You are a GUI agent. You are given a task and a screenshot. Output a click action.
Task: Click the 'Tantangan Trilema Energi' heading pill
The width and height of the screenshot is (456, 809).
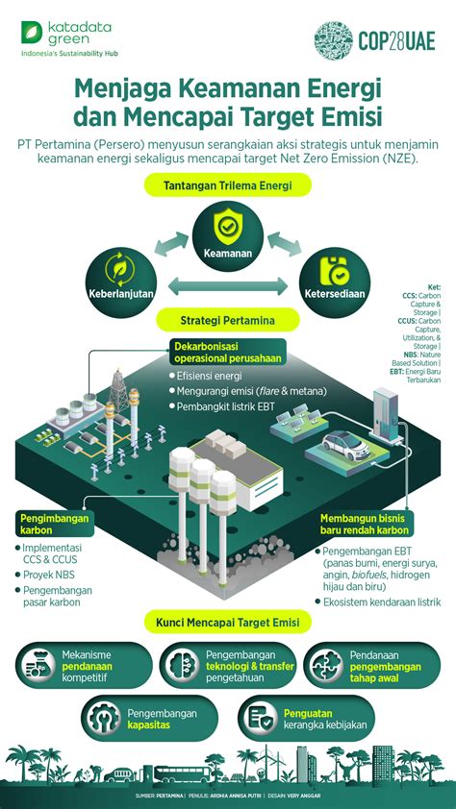(227, 184)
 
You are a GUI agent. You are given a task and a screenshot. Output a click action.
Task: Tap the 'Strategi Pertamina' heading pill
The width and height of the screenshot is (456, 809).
(227, 318)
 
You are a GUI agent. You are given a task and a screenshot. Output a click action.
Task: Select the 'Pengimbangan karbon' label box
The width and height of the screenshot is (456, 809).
(54, 524)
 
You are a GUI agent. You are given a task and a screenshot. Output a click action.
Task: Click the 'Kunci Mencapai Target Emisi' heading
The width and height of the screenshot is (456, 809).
(227, 623)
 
